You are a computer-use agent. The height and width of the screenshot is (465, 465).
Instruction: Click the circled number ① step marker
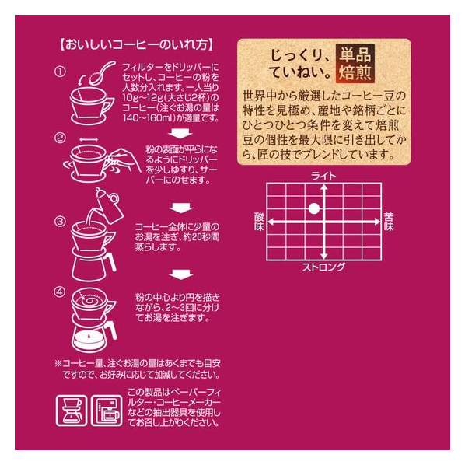click(60, 72)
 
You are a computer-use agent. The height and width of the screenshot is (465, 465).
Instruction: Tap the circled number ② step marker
click(60, 138)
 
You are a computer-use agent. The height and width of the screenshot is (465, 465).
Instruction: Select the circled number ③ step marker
click(60, 222)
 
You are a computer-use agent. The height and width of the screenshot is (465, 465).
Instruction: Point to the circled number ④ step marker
click(60, 292)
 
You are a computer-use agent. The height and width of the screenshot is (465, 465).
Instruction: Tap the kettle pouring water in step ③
click(107, 205)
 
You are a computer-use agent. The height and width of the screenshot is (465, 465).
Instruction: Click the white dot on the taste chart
click(314, 208)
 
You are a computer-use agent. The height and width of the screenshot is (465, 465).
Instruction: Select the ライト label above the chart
click(323, 177)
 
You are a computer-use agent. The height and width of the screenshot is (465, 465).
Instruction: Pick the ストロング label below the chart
click(323, 267)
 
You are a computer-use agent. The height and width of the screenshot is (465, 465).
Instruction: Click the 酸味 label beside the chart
click(259, 222)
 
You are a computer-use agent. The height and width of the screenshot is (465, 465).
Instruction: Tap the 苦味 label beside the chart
click(389, 222)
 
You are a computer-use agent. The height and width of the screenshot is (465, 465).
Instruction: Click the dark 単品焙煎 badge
click(355, 64)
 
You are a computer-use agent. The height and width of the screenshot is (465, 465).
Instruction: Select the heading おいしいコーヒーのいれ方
click(136, 45)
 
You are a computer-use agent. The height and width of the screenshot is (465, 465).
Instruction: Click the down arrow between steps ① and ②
click(180, 134)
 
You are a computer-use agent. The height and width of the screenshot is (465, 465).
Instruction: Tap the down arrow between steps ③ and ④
click(181, 274)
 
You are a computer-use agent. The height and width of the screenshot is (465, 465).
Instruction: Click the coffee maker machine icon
click(107, 411)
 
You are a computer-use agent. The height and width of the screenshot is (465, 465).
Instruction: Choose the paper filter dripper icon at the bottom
click(72, 411)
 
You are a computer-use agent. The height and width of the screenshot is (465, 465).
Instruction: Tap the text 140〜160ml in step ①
click(149, 118)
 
